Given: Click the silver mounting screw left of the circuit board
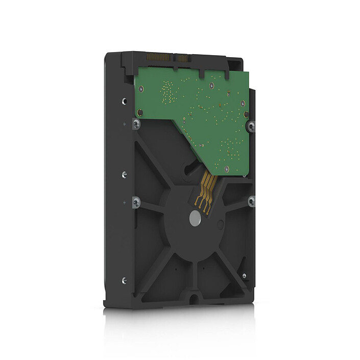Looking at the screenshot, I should pyautogui.click(x=134, y=123).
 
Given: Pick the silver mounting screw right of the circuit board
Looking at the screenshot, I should pyautogui.click(x=250, y=124).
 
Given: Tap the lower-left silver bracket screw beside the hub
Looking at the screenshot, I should pyautogui.click(x=135, y=202).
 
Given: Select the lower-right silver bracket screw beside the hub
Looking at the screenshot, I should pyautogui.click(x=251, y=202).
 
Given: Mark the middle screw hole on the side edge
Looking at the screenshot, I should pyautogui.click(x=124, y=175).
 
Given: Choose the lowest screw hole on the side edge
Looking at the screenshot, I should pyautogui.click(x=124, y=279).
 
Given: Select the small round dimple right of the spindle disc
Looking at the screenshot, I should pyautogui.click(x=220, y=223).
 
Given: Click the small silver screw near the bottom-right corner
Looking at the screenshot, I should pyautogui.click(x=245, y=276).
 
